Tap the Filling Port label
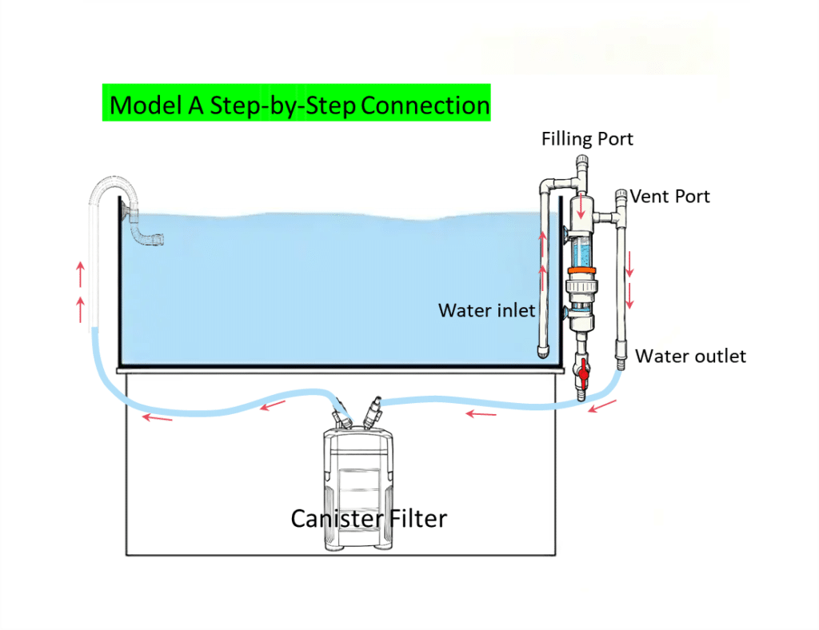tap(587, 139)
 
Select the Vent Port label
tap(670, 196)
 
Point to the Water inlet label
tap(486, 310)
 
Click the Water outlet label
tap(690, 356)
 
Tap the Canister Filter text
tap(368, 518)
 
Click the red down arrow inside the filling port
tap(581, 210)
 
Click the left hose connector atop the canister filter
tap(342, 416)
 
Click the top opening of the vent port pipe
tap(620, 193)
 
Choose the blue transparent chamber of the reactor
tap(581, 249)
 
